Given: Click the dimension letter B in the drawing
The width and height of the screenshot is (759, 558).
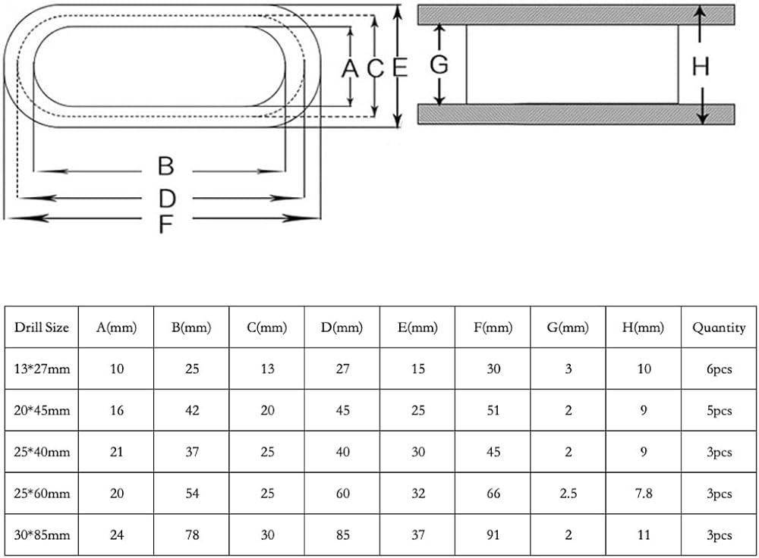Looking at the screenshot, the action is click(x=166, y=166).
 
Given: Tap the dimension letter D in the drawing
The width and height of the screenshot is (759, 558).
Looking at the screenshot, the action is click(x=167, y=198).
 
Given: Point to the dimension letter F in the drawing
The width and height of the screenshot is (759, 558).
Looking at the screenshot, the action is click(x=165, y=224).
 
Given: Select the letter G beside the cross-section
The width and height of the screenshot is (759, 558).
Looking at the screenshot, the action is click(x=439, y=64).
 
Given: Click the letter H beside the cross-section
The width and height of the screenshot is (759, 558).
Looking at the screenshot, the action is click(x=701, y=66).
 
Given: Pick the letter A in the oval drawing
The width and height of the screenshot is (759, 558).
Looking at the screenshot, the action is click(x=349, y=68).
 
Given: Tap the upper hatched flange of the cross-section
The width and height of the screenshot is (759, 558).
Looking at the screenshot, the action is click(x=576, y=14).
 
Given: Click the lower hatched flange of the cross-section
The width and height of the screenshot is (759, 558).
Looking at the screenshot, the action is click(x=576, y=114).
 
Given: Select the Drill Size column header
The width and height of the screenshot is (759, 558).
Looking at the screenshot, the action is click(x=42, y=328).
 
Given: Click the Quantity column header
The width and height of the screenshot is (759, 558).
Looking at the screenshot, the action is click(x=719, y=328).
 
